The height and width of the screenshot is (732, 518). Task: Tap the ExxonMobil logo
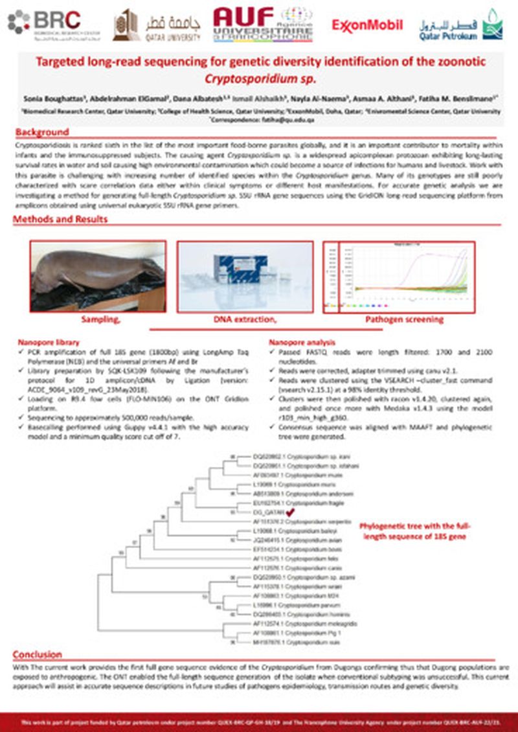(x=366, y=25)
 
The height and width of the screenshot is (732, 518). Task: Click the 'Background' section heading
(x=42, y=132)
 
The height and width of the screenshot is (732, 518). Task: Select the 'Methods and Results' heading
(x=61, y=219)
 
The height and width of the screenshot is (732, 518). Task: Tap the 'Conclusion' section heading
(x=38, y=654)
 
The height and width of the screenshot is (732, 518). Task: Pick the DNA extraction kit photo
(x=245, y=277)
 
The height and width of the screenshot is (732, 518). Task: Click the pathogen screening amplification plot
(x=399, y=277)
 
